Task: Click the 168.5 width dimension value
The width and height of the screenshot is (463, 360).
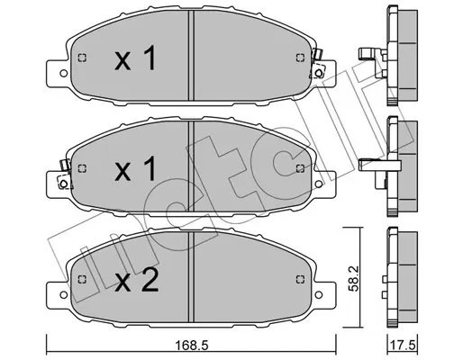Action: [x=192, y=346]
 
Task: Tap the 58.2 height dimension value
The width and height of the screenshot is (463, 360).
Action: [x=355, y=281]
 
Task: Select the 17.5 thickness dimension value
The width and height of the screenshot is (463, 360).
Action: [x=404, y=346]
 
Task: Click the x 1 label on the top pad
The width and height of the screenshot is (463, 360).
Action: [x=135, y=58]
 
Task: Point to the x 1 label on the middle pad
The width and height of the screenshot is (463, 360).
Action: [x=135, y=169]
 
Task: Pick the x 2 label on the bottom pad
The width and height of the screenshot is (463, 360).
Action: [x=136, y=280]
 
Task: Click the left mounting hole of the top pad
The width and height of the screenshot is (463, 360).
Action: [x=64, y=73]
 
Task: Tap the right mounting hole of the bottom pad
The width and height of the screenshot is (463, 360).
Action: [x=318, y=295]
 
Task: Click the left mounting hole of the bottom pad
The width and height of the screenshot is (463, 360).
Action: [x=64, y=295]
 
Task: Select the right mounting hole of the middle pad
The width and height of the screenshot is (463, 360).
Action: [x=318, y=184]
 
